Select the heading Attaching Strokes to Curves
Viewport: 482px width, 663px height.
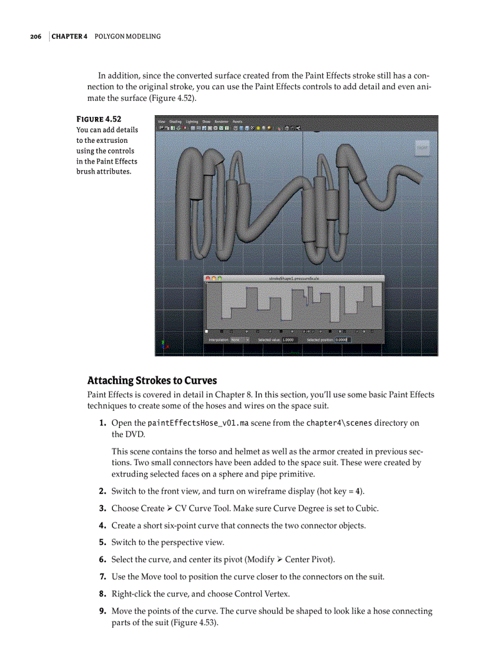pyautogui.click(x=152, y=380)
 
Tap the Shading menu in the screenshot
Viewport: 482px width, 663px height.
pyautogui.click(x=175, y=122)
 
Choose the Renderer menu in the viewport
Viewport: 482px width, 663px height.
pyautogui.click(x=222, y=122)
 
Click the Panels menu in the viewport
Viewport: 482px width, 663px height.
pyautogui.click(x=237, y=122)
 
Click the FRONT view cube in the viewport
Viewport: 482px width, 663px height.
pyautogui.click(x=422, y=148)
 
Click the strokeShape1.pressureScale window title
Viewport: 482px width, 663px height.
pyautogui.click(x=294, y=278)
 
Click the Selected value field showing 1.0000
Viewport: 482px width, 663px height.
pyautogui.click(x=288, y=340)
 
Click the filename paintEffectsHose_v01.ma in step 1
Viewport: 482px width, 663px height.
pyautogui.click(x=198, y=423)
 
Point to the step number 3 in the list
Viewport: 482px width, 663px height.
pyautogui.click(x=102, y=508)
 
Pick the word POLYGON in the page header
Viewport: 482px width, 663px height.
pyautogui.click(x=112, y=37)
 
